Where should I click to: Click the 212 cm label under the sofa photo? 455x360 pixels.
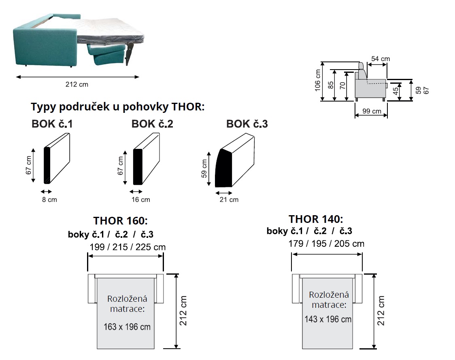(x=77, y=85)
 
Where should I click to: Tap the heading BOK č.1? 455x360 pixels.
(x=52, y=124)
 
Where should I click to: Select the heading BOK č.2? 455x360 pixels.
(x=152, y=124)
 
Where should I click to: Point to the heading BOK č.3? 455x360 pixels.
(x=247, y=124)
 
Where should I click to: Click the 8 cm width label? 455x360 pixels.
(x=49, y=200)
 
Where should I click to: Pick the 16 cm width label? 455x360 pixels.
(x=140, y=199)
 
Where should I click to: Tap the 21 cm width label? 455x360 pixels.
(x=229, y=199)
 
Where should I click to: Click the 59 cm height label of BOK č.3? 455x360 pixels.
(x=204, y=169)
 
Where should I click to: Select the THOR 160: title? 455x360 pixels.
(x=121, y=221)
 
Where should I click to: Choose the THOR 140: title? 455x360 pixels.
(x=316, y=219)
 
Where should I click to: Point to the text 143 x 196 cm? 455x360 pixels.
(x=328, y=319)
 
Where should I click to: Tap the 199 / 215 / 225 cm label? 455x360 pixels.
(x=127, y=247)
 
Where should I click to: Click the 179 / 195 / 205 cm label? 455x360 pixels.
(x=326, y=244)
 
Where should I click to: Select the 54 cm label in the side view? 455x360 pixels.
(x=381, y=59)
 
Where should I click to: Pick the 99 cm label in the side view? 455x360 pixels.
(x=371, y=111)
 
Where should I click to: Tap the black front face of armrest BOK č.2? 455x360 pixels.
(x=138, y=167)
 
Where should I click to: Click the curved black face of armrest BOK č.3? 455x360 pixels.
(x=223, y=169)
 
